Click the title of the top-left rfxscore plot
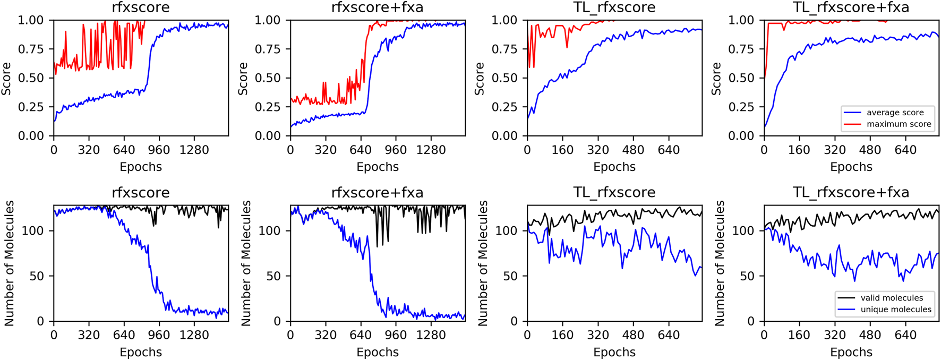(141, 7)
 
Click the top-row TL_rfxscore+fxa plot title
(851, 7)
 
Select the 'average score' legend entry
(895, 113)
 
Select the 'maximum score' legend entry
(899, 124)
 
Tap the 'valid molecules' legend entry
(892, 298)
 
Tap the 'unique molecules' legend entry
(896, 310)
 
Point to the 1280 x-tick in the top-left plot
(194, 150)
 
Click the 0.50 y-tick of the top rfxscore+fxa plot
(268, 78)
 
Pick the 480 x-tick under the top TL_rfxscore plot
(633, 150)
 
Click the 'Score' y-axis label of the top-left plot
(6, 78)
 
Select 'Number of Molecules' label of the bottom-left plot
(9, 263)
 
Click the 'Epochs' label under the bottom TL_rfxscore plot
(614, 352)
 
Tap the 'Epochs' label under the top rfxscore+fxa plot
(378, 167)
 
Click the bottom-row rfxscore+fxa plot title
(378, 192)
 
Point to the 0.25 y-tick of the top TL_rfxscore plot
(505, 107)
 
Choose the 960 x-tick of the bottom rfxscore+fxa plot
(396, 336)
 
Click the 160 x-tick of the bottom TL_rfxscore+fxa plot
(799, 336)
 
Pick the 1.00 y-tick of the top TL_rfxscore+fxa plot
(742, 20)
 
